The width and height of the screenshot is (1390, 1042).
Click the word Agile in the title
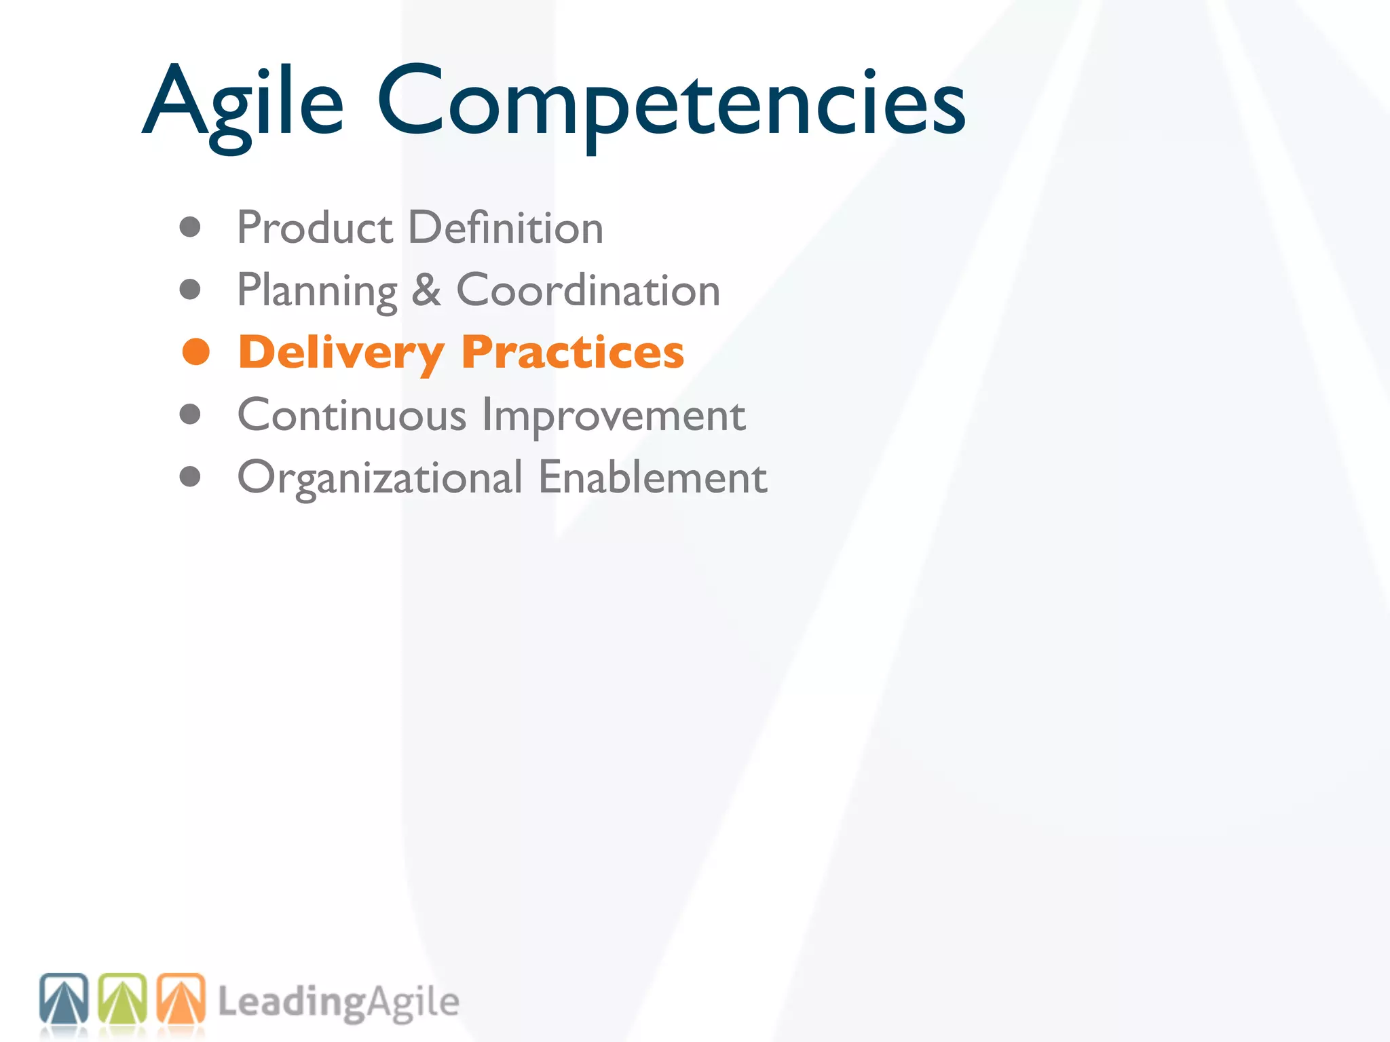243,102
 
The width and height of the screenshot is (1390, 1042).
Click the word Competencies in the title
671,102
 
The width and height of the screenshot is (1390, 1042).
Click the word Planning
317,290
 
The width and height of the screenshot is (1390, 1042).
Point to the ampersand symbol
426,290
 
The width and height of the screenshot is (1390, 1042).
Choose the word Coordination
588,290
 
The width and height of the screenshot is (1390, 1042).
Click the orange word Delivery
341,353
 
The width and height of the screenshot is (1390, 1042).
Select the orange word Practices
572,353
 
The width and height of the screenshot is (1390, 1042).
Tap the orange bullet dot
196,352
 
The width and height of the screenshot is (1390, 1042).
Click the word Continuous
352,414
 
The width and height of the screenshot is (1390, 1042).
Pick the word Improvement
614,414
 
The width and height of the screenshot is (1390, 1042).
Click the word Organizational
380,478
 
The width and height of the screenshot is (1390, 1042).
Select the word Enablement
652,478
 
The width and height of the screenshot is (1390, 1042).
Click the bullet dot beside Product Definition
190,227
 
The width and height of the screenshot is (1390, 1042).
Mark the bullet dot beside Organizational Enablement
190,477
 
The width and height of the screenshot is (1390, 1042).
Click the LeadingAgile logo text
338,1002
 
